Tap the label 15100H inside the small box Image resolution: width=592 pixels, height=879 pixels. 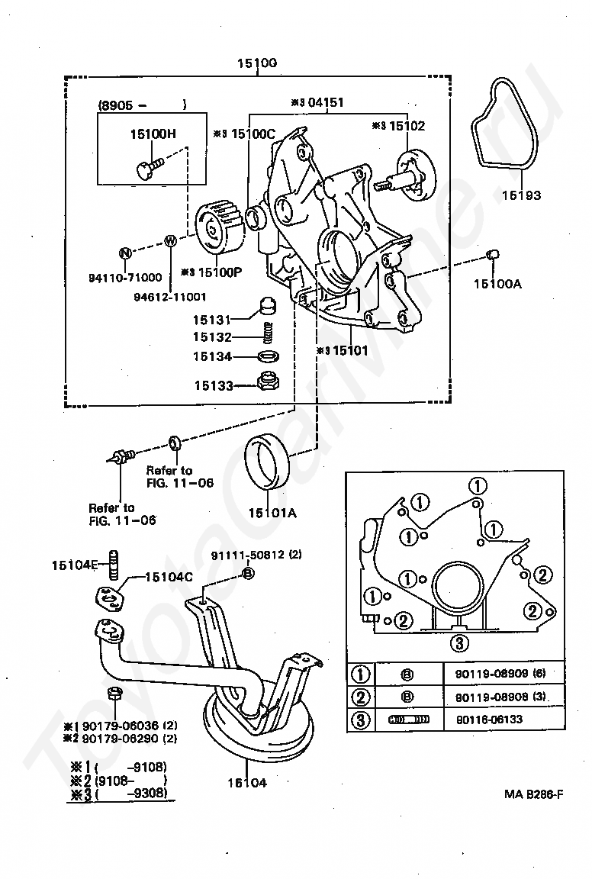[153, 134]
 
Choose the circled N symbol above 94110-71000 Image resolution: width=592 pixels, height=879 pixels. [125, 253]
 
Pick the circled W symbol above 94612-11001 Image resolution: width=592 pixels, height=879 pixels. [171, 242]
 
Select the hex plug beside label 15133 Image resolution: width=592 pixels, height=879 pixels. [269, 381]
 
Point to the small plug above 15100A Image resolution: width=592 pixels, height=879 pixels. [493, 253]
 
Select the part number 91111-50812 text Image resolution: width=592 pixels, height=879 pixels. [249, 555]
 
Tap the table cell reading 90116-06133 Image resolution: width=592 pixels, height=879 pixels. [486, 719]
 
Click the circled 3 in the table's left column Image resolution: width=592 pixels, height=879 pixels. [360, 719]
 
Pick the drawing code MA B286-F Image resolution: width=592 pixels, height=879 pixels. [533, 794]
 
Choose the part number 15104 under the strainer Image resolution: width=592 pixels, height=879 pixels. [246, 783]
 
